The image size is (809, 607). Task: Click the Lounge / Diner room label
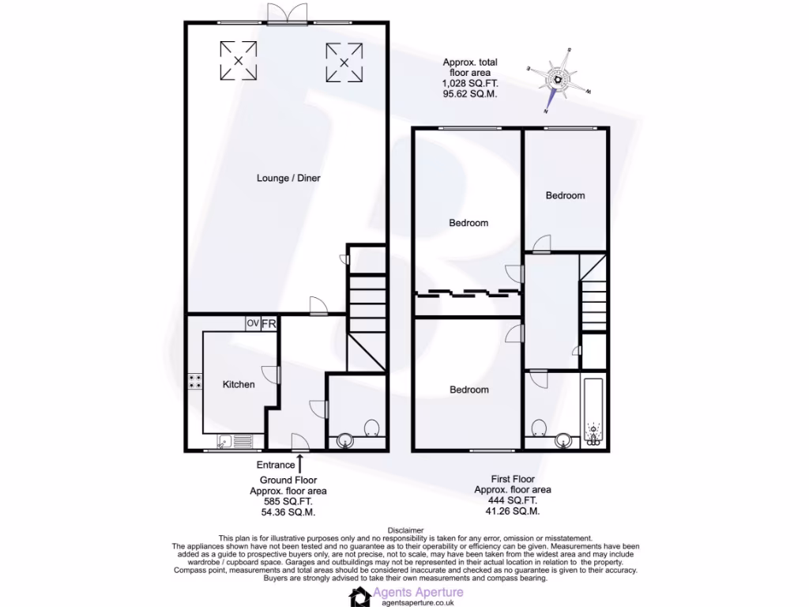click(288, 179)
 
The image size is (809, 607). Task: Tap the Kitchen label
click(238, 385)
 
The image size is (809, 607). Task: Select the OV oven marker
click(252, 323)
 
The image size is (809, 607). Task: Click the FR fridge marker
click(269, 323)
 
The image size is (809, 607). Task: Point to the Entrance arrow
click(299, 459)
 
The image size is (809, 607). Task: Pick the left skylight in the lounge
click(236, 60)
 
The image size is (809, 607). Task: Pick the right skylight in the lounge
click(344, 62)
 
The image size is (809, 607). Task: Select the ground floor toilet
click(373, 428)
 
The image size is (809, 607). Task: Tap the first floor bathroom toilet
click(540, 428)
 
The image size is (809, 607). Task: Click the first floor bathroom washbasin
click(564, 440)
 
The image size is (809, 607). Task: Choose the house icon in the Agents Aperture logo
click(361, 596)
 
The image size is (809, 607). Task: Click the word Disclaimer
click(406, 530)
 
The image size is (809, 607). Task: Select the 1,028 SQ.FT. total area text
click(471, 83)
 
